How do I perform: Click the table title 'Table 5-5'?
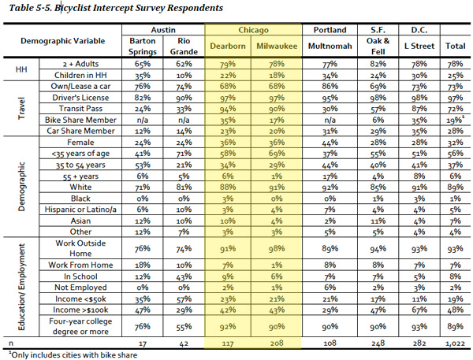31,8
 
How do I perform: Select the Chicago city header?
253,30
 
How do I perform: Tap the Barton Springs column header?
143,46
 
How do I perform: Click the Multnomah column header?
330,46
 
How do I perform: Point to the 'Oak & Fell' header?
378,46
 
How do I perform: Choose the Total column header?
456,46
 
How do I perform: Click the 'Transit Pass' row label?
80,109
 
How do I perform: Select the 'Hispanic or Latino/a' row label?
80,210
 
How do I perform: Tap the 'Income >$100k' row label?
80,310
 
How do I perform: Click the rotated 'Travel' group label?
21,108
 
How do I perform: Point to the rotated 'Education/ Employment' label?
21,287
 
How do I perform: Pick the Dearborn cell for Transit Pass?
228,109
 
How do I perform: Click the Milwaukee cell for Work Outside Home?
277,249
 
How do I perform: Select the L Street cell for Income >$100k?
419,310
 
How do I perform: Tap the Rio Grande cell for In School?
184,276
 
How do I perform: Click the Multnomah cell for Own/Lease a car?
330,87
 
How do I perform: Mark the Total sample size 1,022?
456,343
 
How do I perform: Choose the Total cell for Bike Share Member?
456,120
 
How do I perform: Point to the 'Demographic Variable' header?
63,41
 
